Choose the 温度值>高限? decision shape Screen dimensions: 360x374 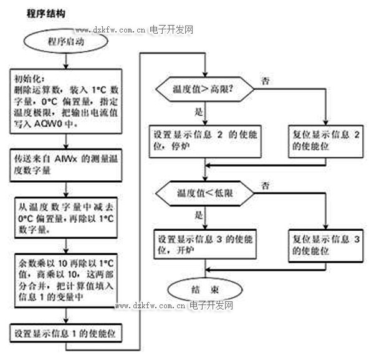(x=204, y=89)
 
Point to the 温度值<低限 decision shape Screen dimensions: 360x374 (x=204, y=193)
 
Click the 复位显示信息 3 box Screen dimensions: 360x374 (x=327, y=244)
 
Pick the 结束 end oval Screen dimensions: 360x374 (x=204, y=288)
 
